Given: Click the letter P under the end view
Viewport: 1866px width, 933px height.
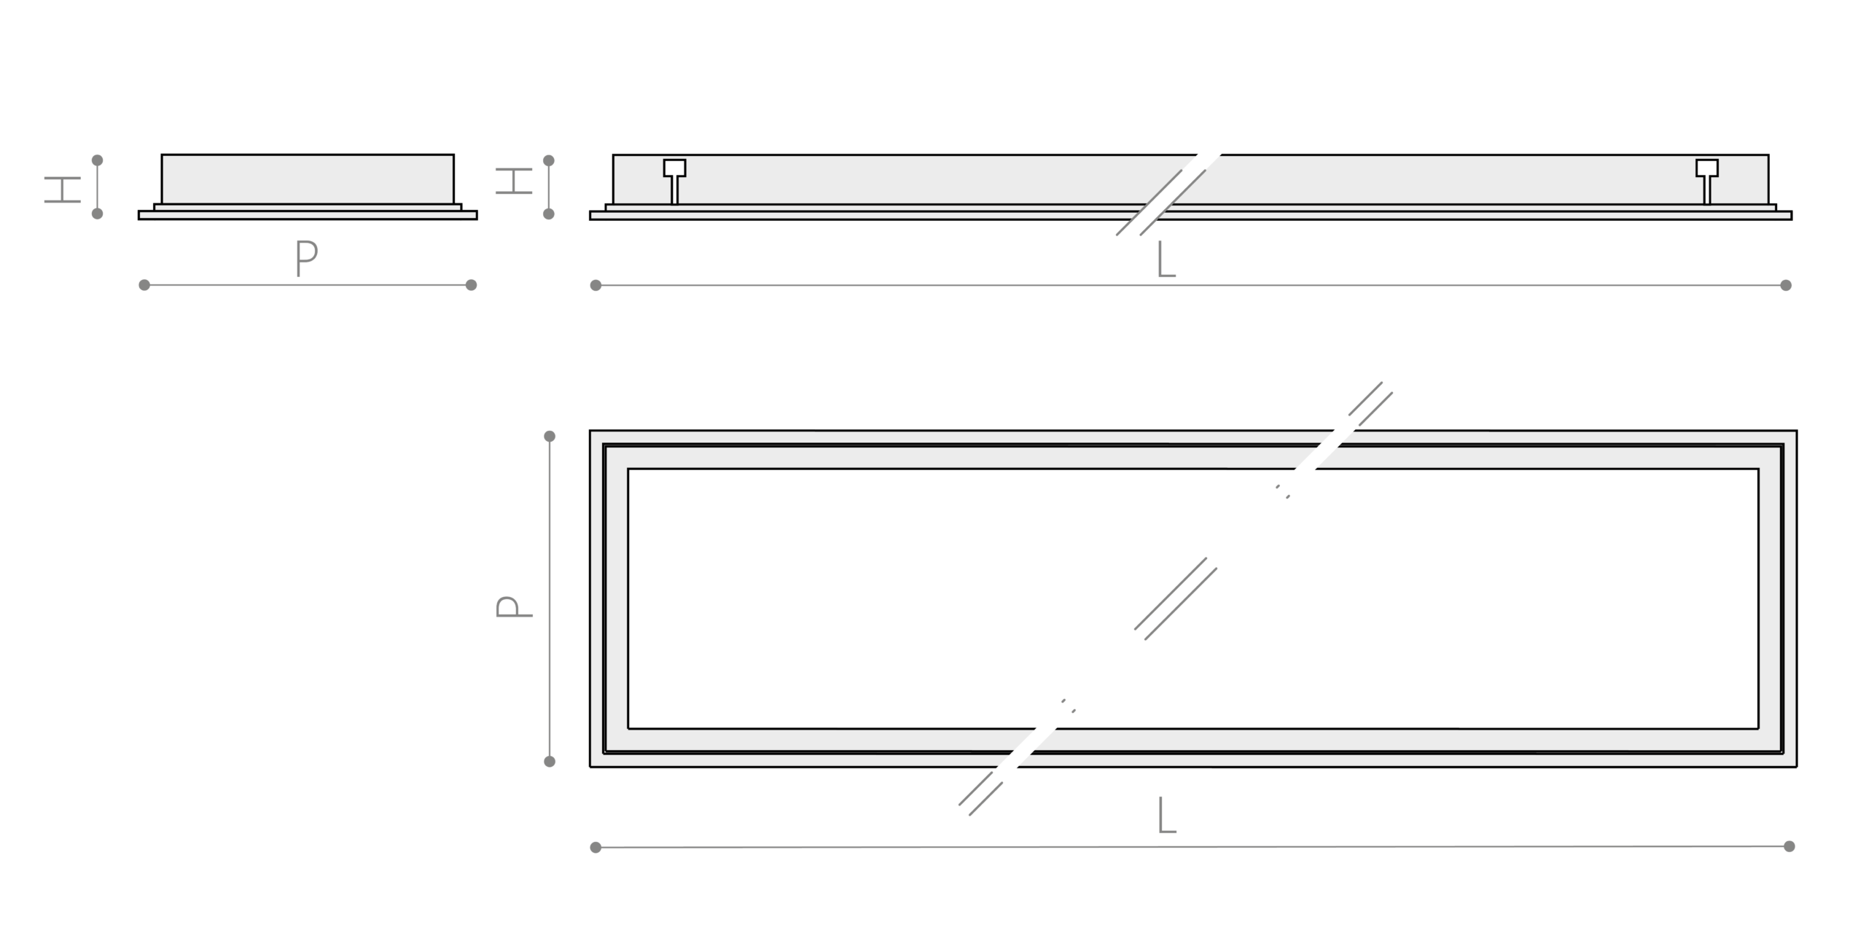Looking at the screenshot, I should pyautogui.click(x=307, y=258).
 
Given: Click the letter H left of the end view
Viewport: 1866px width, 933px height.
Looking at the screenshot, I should pyautogui.click(x=63, y=190).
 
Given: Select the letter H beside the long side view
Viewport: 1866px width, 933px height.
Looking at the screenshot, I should pyautogui.click(x=514, y=181).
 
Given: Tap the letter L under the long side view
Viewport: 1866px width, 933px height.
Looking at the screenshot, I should pyautogui.click(x=1166, y=259).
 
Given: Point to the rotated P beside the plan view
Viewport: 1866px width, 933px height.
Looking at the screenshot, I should pyautogui.click(x=514, y=607).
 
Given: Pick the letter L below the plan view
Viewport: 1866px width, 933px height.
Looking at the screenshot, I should pyautogui.click(x=1167, y=815).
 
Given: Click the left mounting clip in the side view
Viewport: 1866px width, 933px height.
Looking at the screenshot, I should pyautogui.click(x=674, y=180).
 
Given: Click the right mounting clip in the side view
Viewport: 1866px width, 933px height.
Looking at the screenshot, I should pyautogui.click(x=1706, y=180).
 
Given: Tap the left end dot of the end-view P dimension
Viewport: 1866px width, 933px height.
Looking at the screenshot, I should pyautogui.click(x=144, y=285).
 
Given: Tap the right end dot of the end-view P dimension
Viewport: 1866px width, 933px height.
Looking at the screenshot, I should pyautogui.click(x=471, y=285).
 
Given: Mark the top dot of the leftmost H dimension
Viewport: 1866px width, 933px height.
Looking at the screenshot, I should pyautogui.click(x=97, y=160).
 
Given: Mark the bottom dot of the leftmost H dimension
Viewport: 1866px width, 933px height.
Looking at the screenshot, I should pyautogui.click(x=97, y=214).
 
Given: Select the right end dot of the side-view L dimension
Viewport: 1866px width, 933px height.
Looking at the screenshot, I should pyautogui.click(x=1786, y=285).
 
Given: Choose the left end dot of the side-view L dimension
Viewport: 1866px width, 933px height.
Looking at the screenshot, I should pyautogui.click(x=596, y=285).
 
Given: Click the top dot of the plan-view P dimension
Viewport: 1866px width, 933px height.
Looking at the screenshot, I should pyautogui.click(x=550, y=437).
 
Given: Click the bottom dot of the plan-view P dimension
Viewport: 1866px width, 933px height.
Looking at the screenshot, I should pyautogui.click(x=550, y=762).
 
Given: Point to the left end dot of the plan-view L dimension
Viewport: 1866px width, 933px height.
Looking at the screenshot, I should pyautogui.click(x=596, y=847).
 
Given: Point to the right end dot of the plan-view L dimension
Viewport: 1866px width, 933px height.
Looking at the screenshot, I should pyautogui.click(x=1789, y=846).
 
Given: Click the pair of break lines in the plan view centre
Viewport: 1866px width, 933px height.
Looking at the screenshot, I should pyautogui.click(x=1176, y=599).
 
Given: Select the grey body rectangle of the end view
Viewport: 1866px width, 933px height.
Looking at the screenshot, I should pyautogui.click(x=308, y=179).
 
